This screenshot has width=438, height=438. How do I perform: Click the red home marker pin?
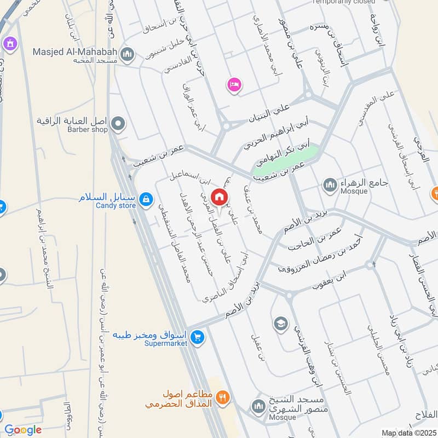click(x=219, y=197)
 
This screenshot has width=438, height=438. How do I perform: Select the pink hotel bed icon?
click(x=234, y=84)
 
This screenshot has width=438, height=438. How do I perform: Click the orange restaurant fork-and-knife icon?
click(x=222, y=398)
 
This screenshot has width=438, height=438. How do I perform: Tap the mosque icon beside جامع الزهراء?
click(x=329, y=186)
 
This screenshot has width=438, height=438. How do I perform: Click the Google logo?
click(x=23, y=430)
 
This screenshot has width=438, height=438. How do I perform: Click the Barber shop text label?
click(x=88, y=130)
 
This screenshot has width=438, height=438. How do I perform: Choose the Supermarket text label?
click(x=166, y=343)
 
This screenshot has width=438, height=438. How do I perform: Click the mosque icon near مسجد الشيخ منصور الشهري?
click(x=258, y=406)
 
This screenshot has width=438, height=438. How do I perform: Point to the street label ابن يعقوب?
click(x=331, y=279)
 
